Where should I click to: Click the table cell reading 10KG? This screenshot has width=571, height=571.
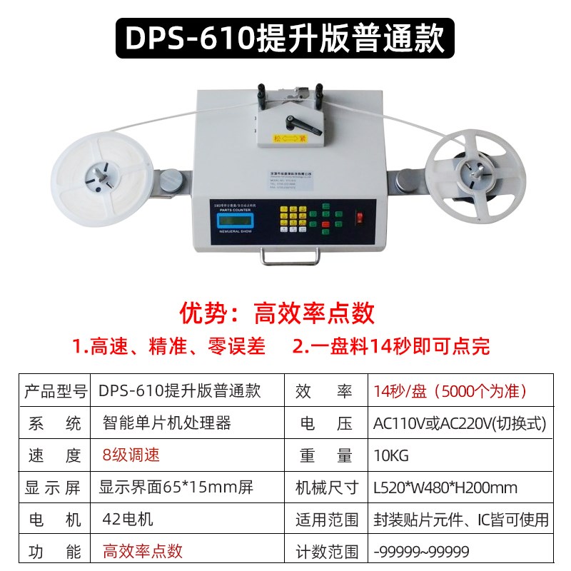pos(391,455)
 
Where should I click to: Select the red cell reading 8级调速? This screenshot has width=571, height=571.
pos(131,455)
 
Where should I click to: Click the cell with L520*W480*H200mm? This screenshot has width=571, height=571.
pos(446,487)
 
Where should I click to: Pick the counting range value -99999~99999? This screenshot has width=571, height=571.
pos(421,551)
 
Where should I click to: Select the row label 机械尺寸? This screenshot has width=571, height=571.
pos(327,487)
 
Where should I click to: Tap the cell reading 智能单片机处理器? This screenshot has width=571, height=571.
pos(166,423)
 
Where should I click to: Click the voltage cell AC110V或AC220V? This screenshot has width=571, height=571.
pos(460,423)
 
